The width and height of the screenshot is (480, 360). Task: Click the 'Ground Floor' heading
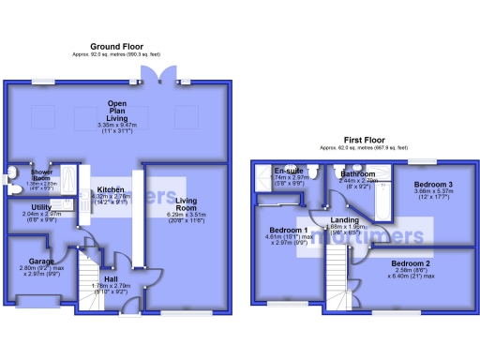[117, 45]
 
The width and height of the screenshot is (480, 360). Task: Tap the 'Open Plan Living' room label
[117, 109]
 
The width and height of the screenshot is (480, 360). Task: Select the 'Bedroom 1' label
[289, 230]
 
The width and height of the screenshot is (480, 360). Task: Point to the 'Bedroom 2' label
[411, 263]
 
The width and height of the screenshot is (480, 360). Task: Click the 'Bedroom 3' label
[434, 185]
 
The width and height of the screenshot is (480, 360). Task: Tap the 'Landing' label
[344, 220]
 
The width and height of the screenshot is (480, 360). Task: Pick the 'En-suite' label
[286, 171]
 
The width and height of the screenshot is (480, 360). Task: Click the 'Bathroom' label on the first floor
[358, 174]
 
